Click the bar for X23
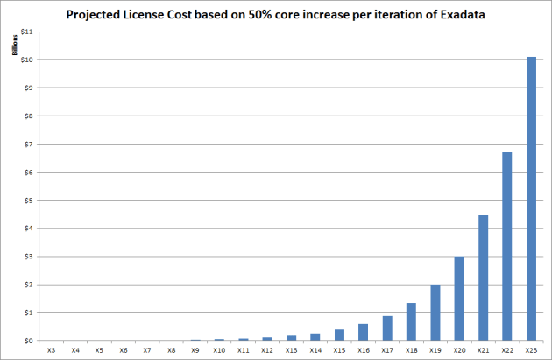[x=530, y=199]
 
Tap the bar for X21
[x=483, y=278]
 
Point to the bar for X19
[x=435, y=313]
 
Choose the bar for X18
[x=411, y=321]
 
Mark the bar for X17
[x=387, y=328]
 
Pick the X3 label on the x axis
[x=53, y=350]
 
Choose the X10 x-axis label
[x=219, y=350]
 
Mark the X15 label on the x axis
[x=339, y=350]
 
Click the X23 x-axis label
[x=530, y=350]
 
